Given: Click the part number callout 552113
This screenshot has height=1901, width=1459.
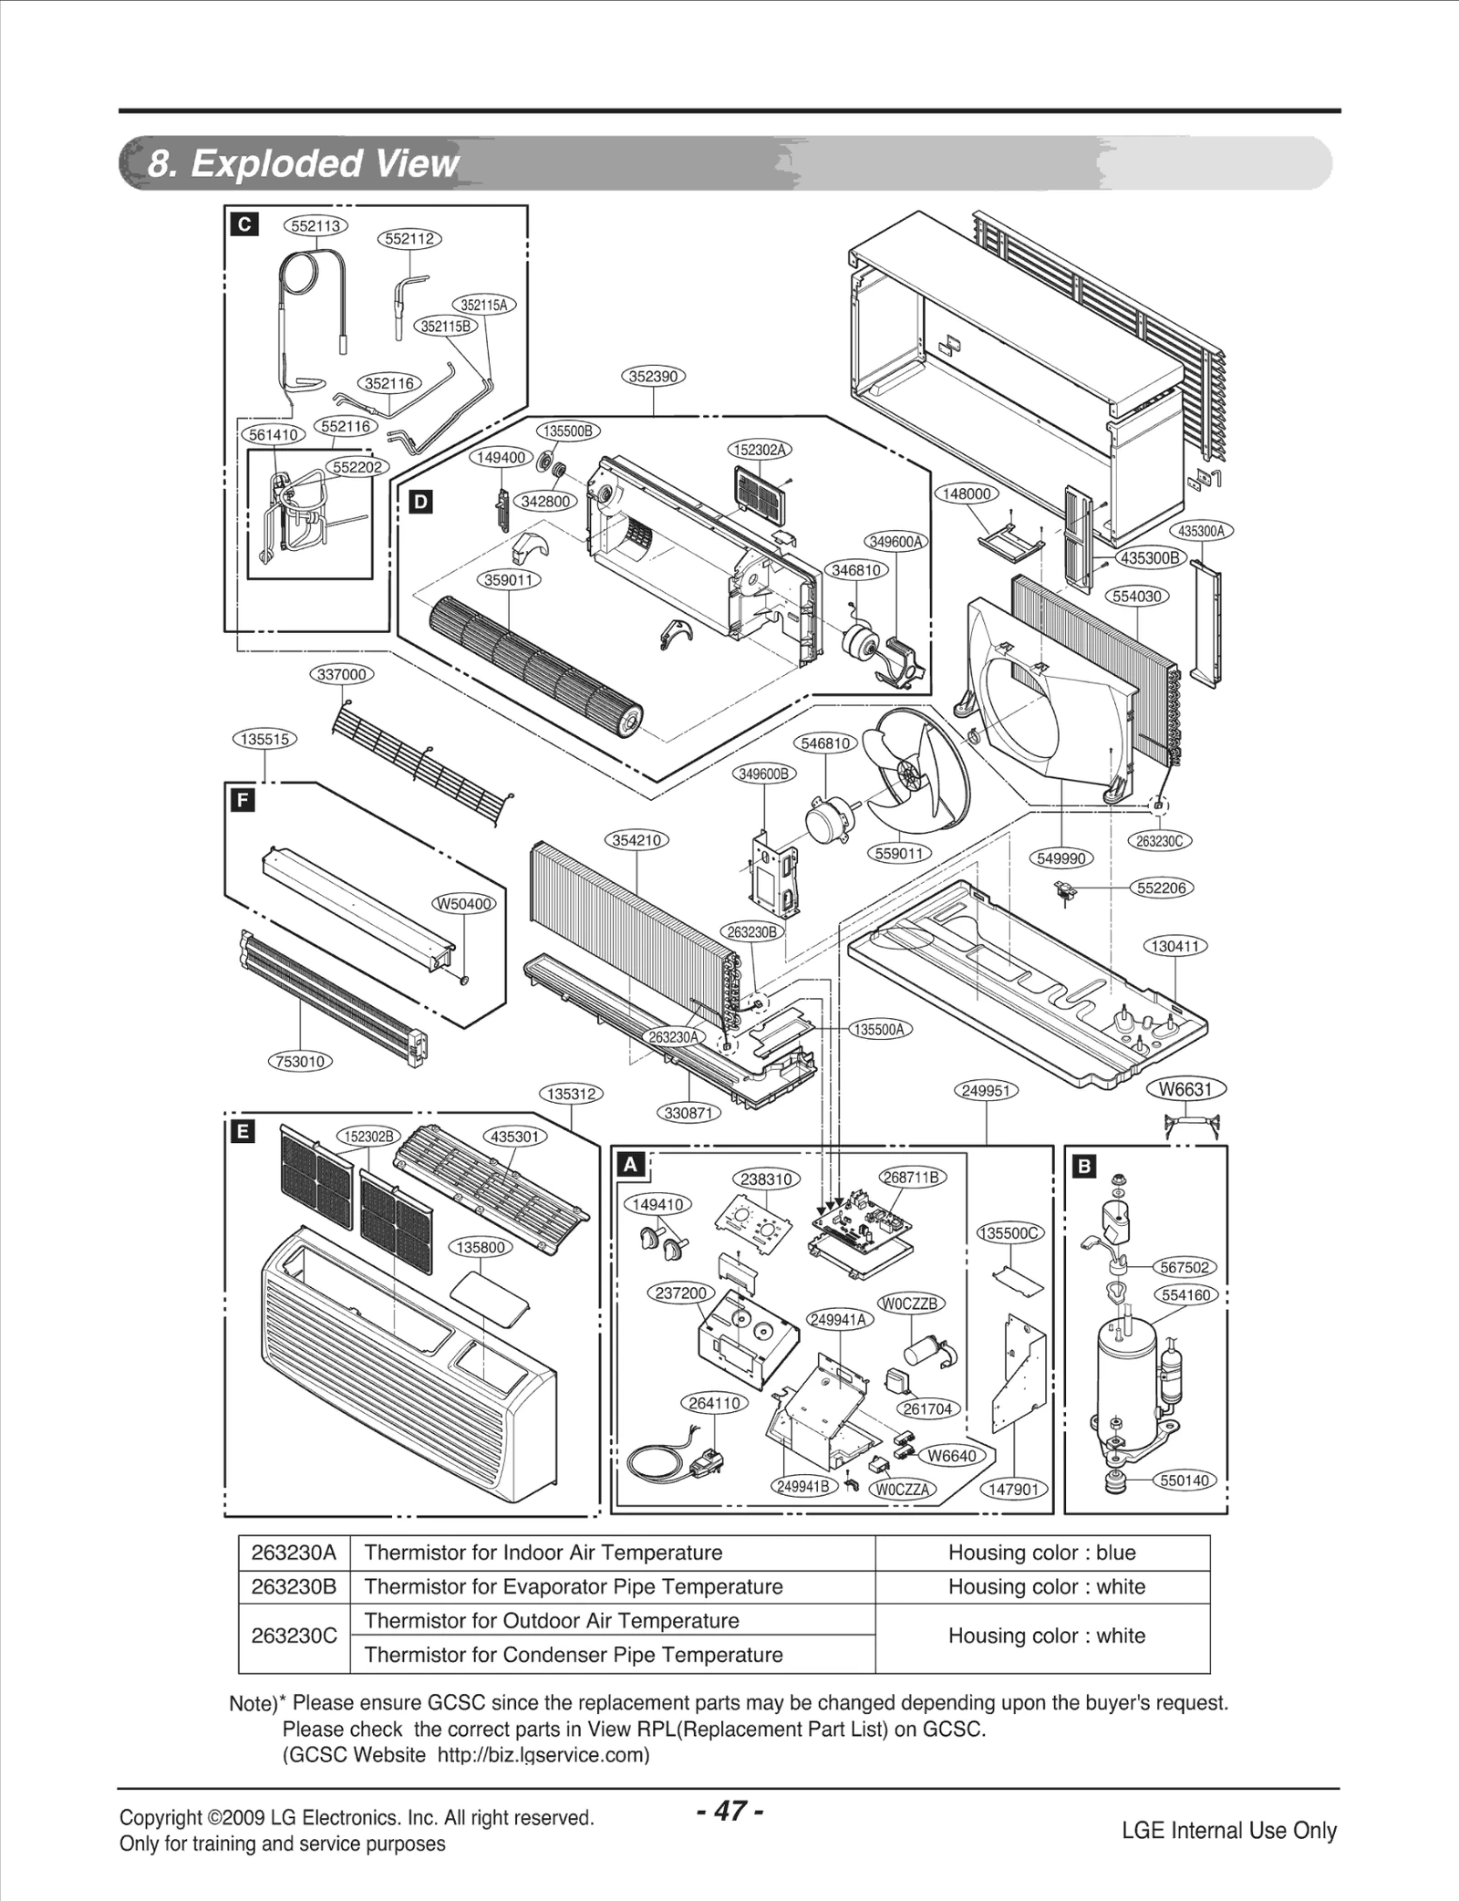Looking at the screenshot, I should pos(315,226).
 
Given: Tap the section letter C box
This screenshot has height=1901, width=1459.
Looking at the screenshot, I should pos(245,224).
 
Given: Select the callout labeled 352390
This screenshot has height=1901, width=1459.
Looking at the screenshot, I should pos(654,376).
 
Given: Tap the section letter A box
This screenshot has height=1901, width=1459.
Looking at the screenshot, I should pos(631,1165).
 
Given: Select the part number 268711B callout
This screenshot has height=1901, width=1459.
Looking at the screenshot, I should pos(913,1178).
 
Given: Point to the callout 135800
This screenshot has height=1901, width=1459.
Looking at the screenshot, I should pos(481,1247).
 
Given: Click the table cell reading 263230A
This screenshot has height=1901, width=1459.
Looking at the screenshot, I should pos(294,1553).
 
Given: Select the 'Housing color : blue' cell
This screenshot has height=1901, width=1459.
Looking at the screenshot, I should pos(1041,1553).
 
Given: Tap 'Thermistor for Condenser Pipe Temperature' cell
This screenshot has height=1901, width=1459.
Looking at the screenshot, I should pos(574,1655).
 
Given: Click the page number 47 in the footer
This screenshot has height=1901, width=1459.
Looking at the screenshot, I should pos(729,1811).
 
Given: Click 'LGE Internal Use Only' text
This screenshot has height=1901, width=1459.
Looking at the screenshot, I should pos(1228,1830).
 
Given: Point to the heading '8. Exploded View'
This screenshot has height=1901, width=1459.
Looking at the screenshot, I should pos(304,163).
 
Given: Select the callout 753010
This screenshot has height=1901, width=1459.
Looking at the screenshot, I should pos(301,1062).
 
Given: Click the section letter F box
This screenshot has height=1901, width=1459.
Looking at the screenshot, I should pos(243,801).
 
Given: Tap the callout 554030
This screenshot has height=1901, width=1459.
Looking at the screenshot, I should pos(1139,597).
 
